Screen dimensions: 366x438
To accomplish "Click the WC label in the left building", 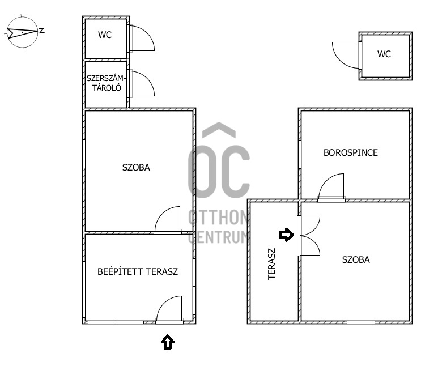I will [105, 35].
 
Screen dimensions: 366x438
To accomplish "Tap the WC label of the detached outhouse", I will [384, 54].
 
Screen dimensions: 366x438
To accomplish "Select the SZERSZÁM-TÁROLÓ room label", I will [106, 83].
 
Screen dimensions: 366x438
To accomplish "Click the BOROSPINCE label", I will [350, 152].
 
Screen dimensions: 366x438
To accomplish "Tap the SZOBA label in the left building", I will [136, 167].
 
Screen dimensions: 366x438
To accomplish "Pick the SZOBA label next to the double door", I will [356, 260].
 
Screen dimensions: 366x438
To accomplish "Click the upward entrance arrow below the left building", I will [168, 342].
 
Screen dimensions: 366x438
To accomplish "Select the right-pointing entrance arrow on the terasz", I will [287, 235].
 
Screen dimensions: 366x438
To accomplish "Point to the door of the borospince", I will [332, 188].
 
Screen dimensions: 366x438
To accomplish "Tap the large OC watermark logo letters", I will [219, 170].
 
